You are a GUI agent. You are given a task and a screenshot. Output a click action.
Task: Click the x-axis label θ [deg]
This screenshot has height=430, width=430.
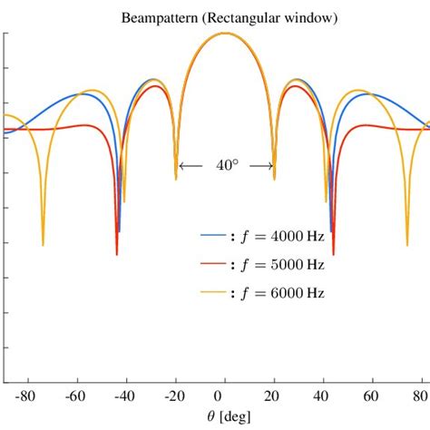click(218, 416)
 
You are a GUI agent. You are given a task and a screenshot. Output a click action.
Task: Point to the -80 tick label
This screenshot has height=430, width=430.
click(24, 396)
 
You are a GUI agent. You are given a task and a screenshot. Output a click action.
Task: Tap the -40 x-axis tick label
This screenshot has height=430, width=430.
click(124, 396)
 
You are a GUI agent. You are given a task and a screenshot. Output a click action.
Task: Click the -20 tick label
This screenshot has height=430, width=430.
click(173, 396)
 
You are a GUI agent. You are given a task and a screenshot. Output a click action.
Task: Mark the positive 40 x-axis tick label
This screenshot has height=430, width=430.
click(319, 396)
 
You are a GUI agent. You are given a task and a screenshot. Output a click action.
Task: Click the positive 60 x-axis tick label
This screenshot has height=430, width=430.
click(369, 396)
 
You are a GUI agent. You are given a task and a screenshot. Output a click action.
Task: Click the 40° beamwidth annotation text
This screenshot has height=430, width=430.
click(227, 166)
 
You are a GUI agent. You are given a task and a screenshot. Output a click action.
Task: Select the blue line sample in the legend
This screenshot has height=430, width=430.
click(212, 235)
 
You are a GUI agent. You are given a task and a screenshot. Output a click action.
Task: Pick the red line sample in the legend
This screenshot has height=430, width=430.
click(212, 264)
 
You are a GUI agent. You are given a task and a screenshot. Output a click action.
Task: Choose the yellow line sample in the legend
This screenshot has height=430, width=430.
click(212, 293)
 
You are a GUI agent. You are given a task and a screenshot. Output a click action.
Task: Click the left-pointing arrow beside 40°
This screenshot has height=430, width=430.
click(191, 166)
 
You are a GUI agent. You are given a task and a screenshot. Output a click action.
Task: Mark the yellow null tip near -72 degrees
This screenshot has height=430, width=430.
click(43, 244)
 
